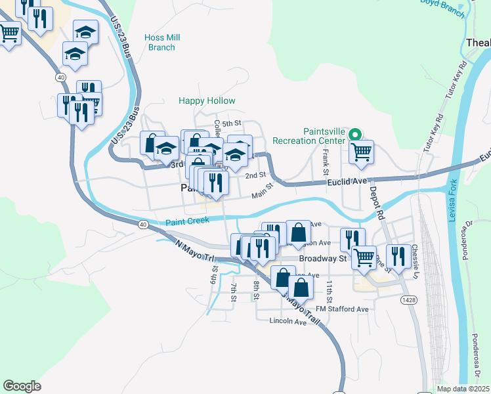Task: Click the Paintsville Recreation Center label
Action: coord(324,136)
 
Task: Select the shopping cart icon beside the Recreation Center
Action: coord(361,152)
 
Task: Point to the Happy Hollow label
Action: coord(207,101)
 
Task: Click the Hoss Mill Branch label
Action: coord(161,43)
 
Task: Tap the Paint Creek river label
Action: coord(187,222)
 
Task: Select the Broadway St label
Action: coord(322,259)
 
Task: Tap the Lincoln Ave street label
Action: coord(288,322)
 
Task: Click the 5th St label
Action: coord(232,123)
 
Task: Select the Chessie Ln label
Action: coord(414,260)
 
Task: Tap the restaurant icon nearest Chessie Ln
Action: coord(398,255)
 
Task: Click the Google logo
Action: coord(22,385)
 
